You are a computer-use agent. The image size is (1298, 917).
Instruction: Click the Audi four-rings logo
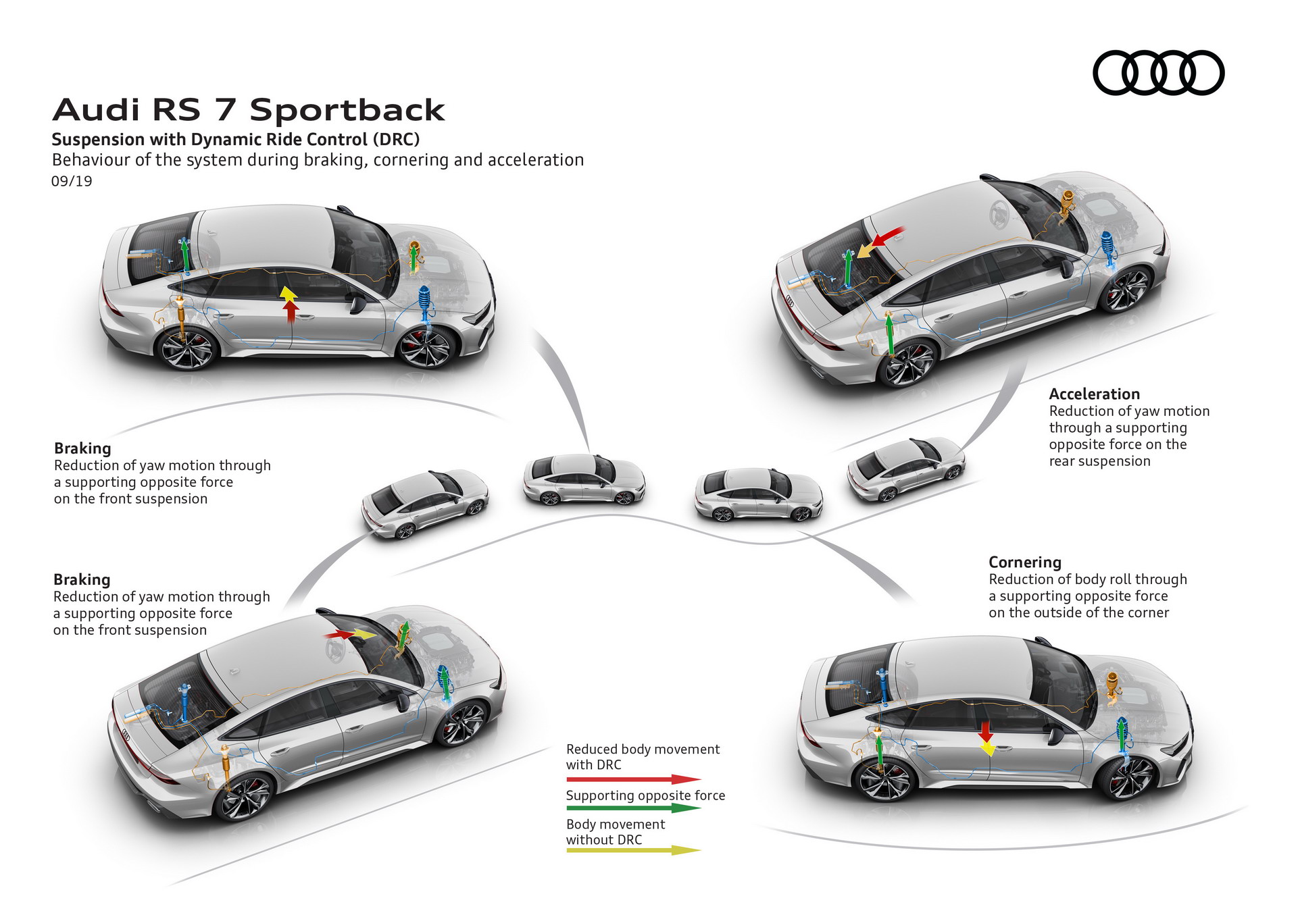1158,72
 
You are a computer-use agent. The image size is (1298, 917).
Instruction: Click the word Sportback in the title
347,110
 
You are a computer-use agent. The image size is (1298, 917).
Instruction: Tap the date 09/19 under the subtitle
72,181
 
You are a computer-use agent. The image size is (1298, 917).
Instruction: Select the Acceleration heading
1094,394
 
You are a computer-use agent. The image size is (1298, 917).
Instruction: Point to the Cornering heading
1024,562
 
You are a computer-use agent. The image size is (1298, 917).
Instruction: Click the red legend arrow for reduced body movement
633,779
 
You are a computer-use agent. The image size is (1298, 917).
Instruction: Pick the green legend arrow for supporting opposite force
633,808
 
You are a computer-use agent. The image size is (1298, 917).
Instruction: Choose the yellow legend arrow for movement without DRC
633,850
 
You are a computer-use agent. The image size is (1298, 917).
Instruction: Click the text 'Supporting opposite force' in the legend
645,795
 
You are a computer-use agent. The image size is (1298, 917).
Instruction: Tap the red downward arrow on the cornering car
985,731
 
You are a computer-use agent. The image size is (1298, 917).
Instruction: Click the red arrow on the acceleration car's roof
888,236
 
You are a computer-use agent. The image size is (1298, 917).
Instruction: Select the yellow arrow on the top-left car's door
288,294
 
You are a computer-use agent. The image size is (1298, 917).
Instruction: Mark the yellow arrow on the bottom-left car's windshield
365,634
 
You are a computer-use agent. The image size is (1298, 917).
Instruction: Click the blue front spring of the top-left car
424,299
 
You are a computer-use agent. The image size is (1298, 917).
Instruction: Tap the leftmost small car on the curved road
424,503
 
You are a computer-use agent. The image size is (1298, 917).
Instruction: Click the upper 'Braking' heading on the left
82,448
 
